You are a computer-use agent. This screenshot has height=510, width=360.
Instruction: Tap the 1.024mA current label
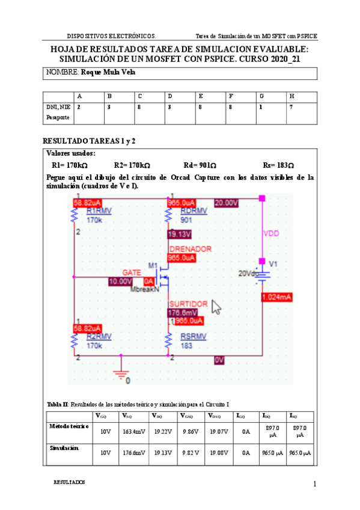276,296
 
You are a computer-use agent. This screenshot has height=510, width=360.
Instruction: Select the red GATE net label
131,272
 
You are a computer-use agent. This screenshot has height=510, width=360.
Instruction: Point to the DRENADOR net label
190,249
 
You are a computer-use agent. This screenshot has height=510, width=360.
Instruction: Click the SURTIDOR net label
188,304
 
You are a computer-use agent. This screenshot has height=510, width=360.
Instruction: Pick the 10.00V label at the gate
120,281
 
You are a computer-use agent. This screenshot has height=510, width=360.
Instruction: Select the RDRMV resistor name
194,210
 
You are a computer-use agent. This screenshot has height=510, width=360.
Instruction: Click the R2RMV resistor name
99,336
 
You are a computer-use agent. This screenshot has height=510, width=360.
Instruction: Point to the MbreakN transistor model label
144,289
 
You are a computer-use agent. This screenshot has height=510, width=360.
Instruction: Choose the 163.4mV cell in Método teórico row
133,431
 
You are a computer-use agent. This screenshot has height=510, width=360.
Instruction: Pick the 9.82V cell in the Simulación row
190,453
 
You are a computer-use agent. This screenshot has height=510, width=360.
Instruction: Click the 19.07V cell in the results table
219,431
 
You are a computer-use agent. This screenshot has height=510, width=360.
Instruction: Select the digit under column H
291,106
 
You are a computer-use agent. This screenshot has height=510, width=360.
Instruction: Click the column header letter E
200,96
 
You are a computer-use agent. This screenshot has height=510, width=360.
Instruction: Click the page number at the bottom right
314,484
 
